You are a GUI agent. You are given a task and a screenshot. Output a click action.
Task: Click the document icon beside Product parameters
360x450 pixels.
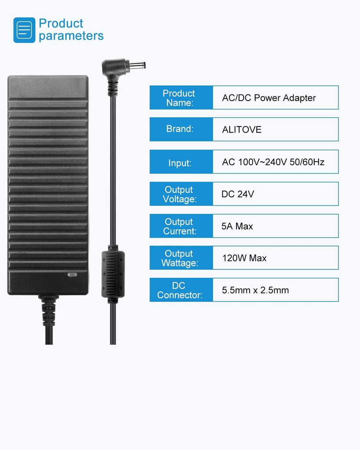[x=24, y=30]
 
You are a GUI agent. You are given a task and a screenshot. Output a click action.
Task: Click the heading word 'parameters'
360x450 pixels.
[x=71, y=36]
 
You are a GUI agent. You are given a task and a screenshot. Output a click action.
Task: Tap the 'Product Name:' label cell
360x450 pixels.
[x=179, y=98]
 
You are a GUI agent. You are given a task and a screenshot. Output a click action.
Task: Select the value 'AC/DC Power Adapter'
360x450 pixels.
[x=269, y=98]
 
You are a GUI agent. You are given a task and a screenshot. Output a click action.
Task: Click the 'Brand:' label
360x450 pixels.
[x=179, y=129]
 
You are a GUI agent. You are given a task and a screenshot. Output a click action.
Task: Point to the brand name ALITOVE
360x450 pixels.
[x=242, y=130]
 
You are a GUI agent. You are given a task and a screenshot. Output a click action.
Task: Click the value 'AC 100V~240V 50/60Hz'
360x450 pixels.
[x=273, y=162]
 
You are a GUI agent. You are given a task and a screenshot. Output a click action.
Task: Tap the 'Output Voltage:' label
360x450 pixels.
[x=179, y=194]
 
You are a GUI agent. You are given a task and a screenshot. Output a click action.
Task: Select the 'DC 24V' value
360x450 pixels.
[x=237, y=194]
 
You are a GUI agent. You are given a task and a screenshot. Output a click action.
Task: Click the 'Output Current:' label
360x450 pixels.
[x=179, y=226]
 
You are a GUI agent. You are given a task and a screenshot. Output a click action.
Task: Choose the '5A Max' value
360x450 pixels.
[x=237, y=226]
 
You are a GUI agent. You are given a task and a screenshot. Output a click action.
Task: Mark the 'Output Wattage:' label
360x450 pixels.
[x=179, y=258]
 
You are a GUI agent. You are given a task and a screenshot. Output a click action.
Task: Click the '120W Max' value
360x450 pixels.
[x=244, y=258]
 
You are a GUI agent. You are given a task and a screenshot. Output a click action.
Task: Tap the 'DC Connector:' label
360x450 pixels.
[x=179, y=290]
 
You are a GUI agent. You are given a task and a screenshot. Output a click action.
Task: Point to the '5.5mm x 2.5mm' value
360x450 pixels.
[x=255, y=290]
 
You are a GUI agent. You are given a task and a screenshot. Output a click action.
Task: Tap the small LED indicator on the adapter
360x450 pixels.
[x=72, y=275]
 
